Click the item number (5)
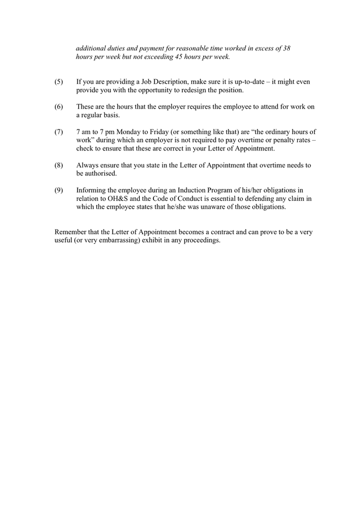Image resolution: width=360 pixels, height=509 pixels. coord(59,82)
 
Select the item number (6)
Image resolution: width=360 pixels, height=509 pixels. coord(59,107)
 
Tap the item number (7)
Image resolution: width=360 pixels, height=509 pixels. coord(59,132)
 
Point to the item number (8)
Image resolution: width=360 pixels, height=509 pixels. coord(59,165)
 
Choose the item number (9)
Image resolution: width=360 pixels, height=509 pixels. coord(59,190)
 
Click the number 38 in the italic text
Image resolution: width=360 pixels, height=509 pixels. coord(286,49)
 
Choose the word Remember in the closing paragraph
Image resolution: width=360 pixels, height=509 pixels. coord(71,232)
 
